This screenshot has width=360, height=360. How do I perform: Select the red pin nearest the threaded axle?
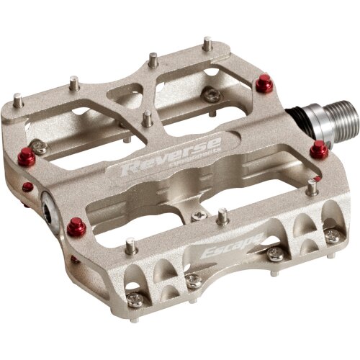pyautogui.click(x=319, y=150)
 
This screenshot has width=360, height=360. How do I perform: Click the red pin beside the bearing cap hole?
pyautogui.click(x=76, y=228)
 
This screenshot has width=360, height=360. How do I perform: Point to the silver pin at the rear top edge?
pyautogui.click(x=207, y=44)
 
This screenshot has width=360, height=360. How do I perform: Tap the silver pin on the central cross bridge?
pyautogui.click(x=148, y=118)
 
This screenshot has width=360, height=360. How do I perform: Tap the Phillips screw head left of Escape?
pyautogui.click(x=193, y=281)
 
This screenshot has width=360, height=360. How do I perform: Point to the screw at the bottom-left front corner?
pyautogui.click(x=135, y=300)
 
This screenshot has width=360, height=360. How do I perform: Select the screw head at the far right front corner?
pyautogui.click(x=331, y=235)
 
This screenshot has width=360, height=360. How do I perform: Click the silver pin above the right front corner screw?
pyautogui.click(x=312, y=188)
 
